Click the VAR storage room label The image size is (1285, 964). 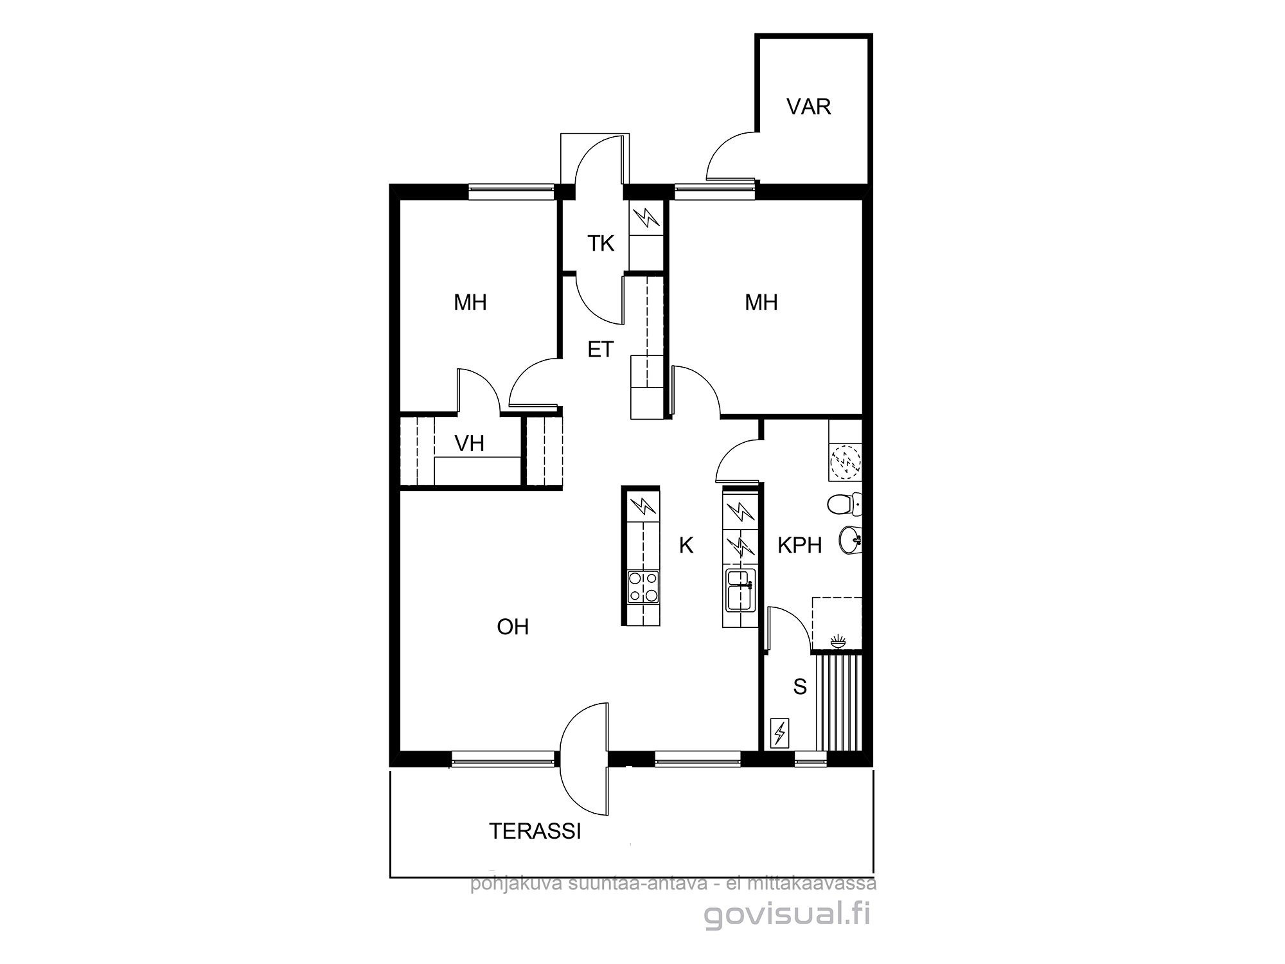[x=808, y=107]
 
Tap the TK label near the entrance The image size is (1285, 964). [x=601, y=244]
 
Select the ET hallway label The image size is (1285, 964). [x=601, y=350]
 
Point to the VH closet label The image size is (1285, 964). [x=469, y=443]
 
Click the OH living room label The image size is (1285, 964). [x=513, y=627]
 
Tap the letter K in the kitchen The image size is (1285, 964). [x=686, y=546]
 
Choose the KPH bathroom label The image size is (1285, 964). [x=800, y=546]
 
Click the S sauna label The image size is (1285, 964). [x=800, y=687]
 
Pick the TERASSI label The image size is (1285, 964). [x=535, y=832]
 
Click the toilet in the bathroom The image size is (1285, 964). [x=844, y=504]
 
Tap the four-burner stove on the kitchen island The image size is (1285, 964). [x=643, y=587]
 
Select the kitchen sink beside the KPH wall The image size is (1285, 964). [x=740, y=591]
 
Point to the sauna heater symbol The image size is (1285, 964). [x=780, y=732]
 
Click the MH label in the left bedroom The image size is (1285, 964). [x=470, y=302]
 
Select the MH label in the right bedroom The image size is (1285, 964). [x=761, y=302]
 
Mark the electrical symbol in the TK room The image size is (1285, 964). [x=646, y=219]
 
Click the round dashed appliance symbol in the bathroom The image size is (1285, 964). [x=845, y=461]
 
